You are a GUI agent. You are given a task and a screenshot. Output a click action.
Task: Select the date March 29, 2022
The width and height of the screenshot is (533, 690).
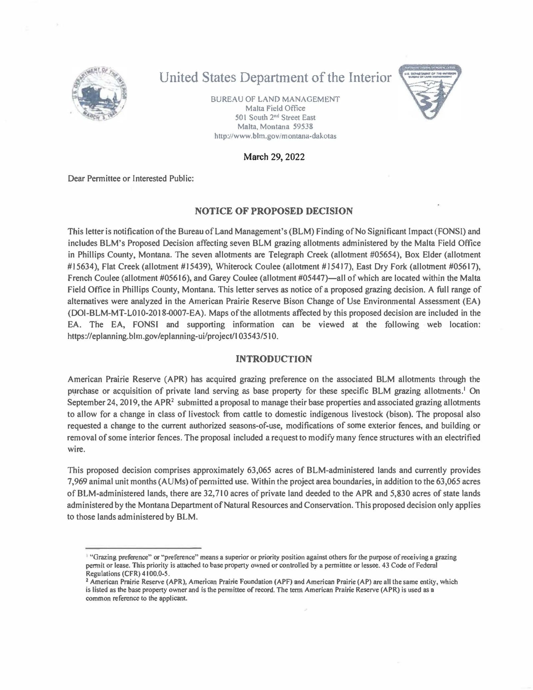coord(274,157)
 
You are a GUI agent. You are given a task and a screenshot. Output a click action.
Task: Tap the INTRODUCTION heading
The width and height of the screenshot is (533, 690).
coord(274,359)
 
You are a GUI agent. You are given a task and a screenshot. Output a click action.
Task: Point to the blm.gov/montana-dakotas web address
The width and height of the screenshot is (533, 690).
coord(275,136)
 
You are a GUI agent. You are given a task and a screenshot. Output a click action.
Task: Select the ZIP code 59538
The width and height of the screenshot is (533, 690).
coord(303,127)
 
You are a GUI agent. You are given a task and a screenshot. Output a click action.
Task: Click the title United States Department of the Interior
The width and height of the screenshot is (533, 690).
coord(275,77)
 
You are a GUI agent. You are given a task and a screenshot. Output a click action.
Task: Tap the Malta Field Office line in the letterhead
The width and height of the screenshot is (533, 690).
coord(275,108)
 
